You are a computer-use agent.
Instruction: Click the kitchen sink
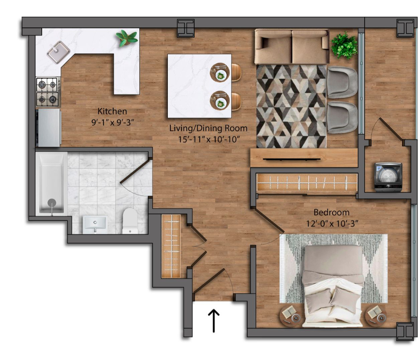tap(58, 52)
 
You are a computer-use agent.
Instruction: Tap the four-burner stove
tap(48, 92)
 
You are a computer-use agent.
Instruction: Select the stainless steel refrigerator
tap(48, 128)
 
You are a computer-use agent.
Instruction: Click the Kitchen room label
tap(112, 111)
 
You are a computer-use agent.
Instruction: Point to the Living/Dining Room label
tap(208, 128)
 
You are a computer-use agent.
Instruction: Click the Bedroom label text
tap(332, 212)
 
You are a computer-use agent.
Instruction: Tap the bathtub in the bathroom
tap(51, 184)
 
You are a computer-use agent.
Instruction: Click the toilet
tap(130, 221)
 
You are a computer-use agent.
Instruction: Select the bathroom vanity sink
tap(95, 225)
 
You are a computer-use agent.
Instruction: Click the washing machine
tap(388, 177)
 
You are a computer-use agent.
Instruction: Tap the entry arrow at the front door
tap(214, 320)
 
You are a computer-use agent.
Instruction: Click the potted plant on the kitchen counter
tap(127, 38)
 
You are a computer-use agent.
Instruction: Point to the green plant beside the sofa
tap(344, 46)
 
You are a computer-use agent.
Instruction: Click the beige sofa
tap(292, 47)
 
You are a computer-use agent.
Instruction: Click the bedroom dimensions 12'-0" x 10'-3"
tap(332, 223)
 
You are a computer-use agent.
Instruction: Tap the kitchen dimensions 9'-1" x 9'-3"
tap(112, 122)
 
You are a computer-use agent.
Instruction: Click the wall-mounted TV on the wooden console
tap(292, 159)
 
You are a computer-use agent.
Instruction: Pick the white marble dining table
tap(199, 86)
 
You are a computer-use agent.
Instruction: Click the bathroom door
tap(134, 172)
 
